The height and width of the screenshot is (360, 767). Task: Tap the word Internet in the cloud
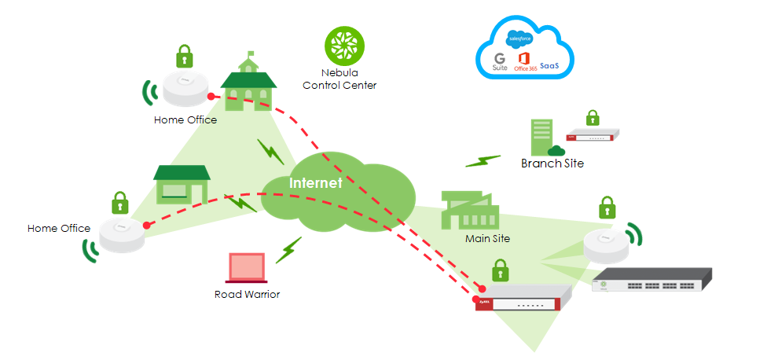point(316,183)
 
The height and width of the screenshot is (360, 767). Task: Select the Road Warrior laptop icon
point(248,268)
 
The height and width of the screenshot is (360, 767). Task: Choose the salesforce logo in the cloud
point(521,38)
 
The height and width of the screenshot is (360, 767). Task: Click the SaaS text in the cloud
point(549,67)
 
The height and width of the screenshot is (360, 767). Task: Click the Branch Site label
point(552,163)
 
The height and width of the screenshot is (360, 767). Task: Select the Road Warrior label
point(247,295)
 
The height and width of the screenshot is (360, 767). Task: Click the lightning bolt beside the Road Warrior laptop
point(288,249)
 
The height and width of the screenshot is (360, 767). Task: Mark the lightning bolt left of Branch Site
point(483,160)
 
